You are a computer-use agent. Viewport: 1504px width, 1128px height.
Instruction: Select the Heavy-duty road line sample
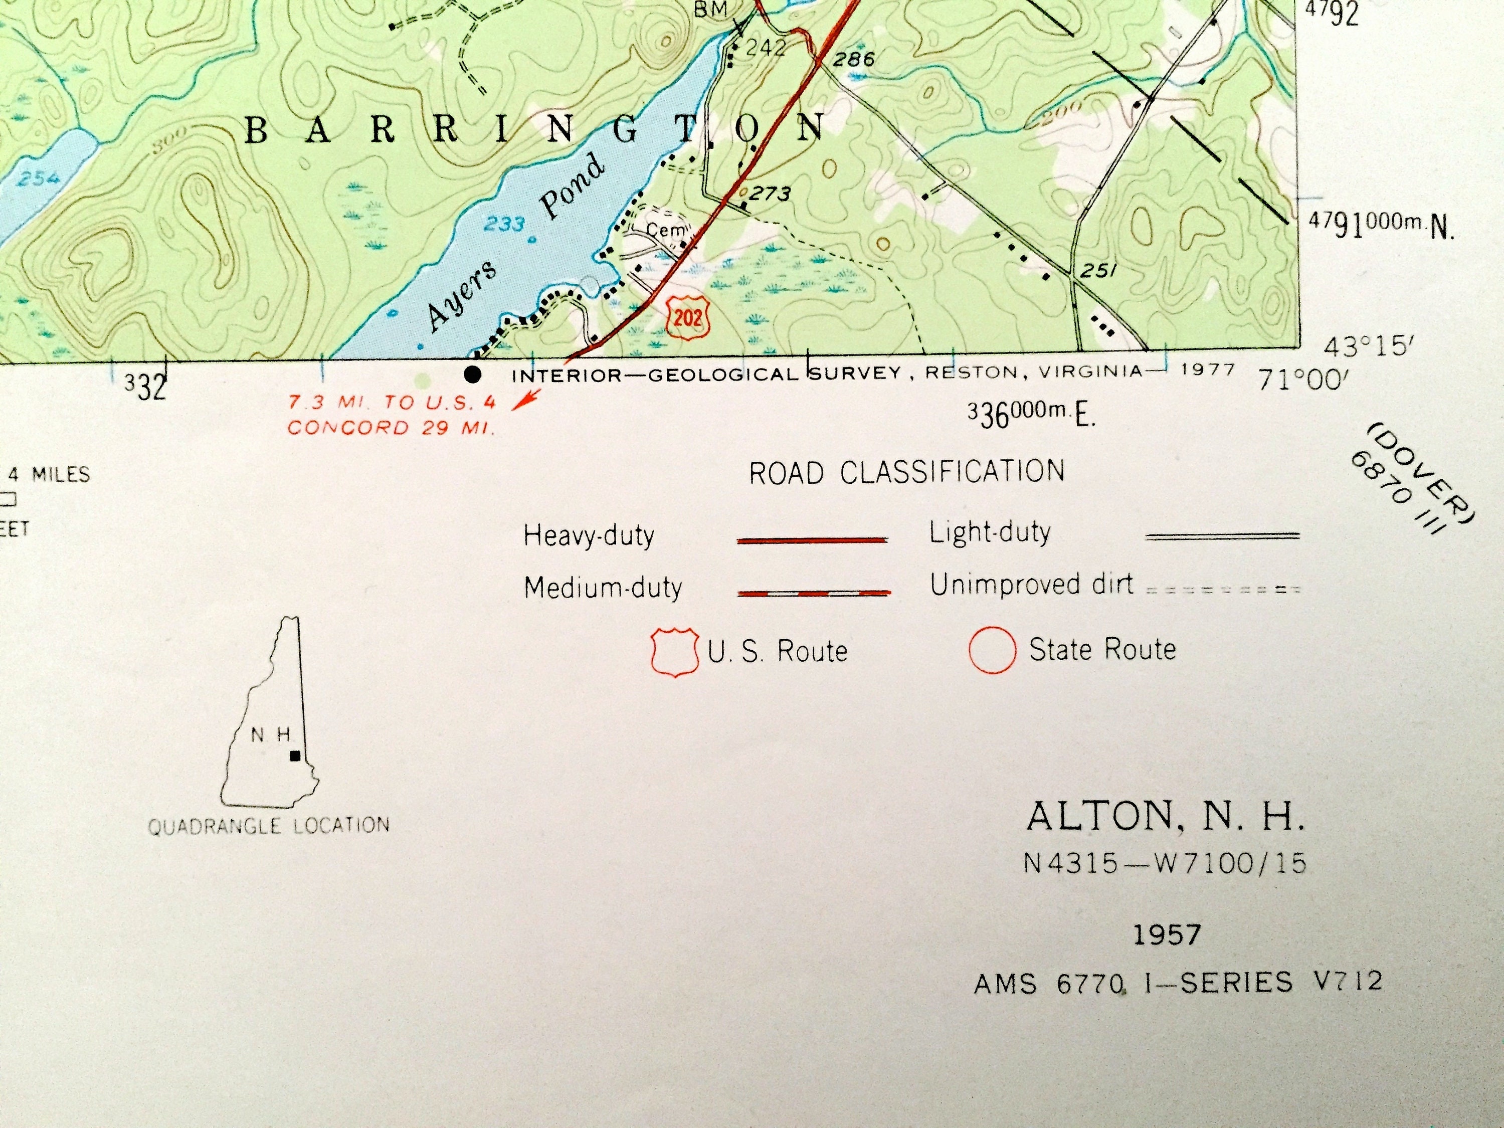coord(813,540)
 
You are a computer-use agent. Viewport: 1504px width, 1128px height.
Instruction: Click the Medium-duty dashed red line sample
coord(814,593)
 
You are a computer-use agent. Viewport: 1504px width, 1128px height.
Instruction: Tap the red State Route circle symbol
coord(992,651)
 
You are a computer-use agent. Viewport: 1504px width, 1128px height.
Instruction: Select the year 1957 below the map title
coord(1167,935)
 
